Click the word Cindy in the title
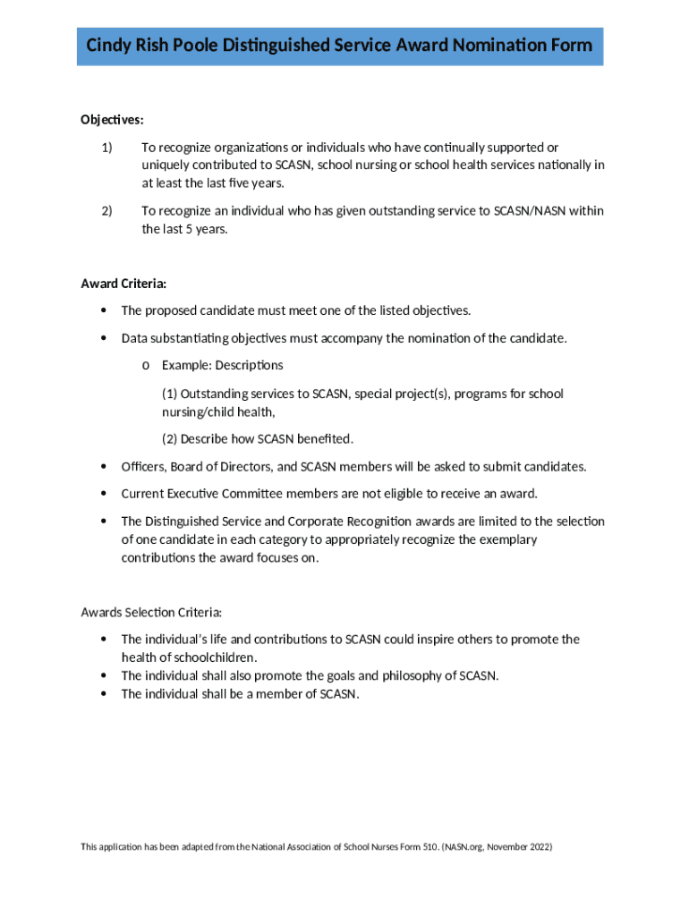(107, 45)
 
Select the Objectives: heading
(112, 119)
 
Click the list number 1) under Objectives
(106, 148)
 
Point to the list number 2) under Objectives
(106, 211)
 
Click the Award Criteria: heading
(123, 284)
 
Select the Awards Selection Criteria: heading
(150, 613)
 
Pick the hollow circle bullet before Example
(146, 366)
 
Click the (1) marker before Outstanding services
(169, 394)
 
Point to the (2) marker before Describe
(169, 439)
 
